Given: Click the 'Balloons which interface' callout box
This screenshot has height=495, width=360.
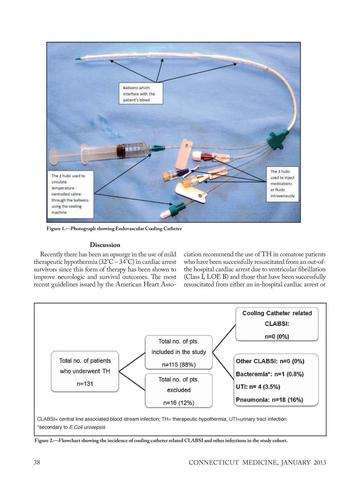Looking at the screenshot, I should coord(141,94).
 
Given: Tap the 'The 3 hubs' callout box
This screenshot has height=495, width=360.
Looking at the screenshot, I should coord(282,184).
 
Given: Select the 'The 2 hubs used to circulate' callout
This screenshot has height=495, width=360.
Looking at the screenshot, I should coord(70,194).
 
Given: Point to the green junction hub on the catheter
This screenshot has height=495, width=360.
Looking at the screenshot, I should coord(275,139).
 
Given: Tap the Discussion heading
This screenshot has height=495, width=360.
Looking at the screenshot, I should coord(105,245).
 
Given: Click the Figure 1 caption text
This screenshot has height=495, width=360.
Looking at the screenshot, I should coord(114,229).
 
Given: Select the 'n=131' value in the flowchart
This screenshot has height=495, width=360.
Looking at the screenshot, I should coord(85,384).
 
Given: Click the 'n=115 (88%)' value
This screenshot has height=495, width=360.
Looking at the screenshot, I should coord(178,365).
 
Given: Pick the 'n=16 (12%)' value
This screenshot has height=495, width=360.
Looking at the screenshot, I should coord(178,403).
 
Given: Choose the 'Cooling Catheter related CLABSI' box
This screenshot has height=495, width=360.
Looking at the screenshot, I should coord(277,324).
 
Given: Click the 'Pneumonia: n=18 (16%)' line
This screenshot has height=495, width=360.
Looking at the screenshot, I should coord(269,400).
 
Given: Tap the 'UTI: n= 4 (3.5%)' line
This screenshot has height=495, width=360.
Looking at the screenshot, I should coord(258,387).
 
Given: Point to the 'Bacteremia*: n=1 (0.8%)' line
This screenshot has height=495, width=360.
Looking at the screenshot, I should coord(270,374).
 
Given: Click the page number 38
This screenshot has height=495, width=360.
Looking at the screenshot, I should coord(37,462).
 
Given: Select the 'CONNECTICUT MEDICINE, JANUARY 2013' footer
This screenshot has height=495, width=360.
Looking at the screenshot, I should coord(257,463).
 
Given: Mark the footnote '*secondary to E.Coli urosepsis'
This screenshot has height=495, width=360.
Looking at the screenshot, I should coord(71,427).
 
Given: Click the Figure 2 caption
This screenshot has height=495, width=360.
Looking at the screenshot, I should coord(161,441).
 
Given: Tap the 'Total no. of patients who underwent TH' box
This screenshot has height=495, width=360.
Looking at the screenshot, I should coord(85,371).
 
